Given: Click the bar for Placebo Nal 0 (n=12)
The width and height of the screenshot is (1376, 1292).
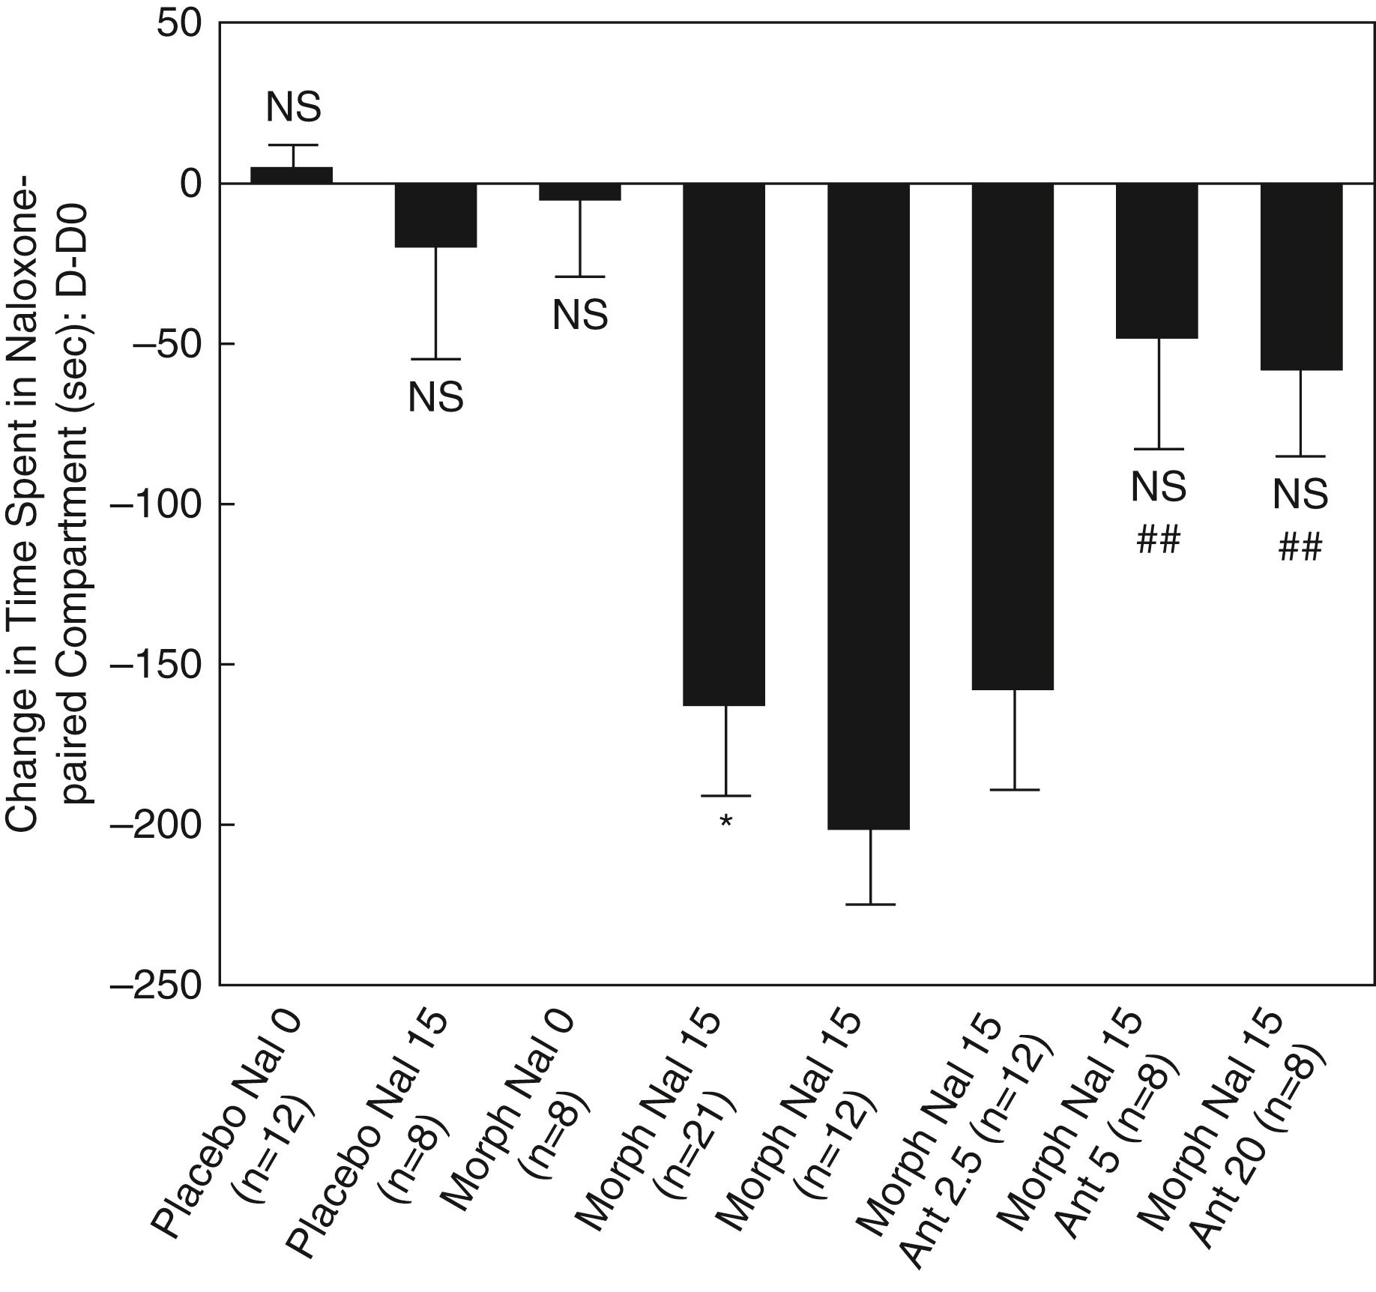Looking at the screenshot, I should coord(292,175).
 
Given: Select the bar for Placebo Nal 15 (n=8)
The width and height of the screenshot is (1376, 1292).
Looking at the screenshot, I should coord(436,215).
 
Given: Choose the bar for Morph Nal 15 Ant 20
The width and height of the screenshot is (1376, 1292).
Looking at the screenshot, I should coord(1301,277).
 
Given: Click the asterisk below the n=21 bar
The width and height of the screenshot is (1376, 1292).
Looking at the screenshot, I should coord(725,822).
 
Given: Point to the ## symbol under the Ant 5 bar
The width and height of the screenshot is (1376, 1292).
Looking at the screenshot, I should coord(1159,540).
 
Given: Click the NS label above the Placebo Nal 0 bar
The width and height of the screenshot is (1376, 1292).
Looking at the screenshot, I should coord(293,107).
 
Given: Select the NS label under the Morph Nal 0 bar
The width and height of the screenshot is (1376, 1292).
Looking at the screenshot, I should coord(580,315).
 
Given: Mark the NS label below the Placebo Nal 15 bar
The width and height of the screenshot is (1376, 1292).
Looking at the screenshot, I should coord(435,397).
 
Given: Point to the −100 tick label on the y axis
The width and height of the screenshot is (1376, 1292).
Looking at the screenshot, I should coord(155,504).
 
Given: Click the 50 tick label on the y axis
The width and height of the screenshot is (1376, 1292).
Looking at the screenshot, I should coord(180,24).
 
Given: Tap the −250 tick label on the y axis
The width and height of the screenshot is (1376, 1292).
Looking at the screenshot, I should coord(155,984).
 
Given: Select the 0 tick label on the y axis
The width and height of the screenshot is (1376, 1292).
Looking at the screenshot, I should coord(192,184).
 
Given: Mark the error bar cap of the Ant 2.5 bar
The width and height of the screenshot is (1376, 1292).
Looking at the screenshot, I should coord(1014,790).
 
